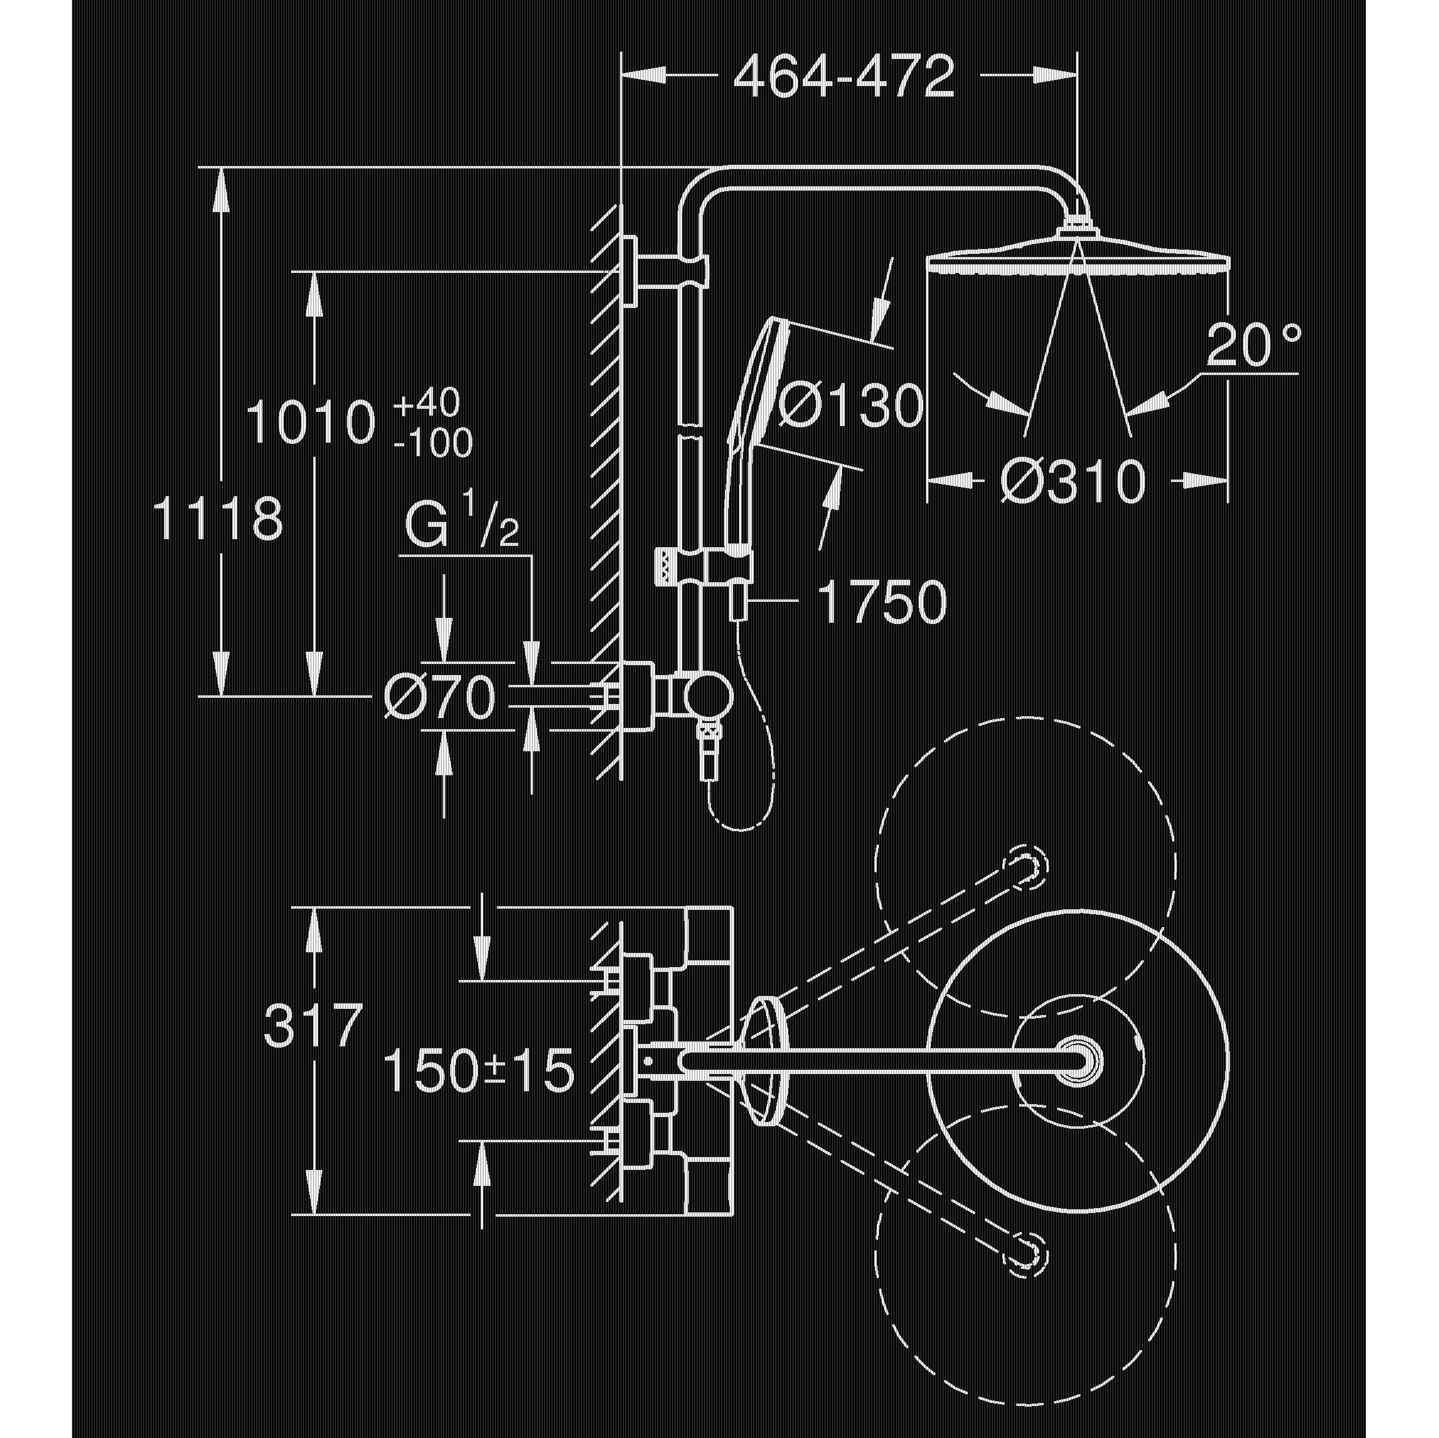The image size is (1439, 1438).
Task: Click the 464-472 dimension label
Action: pos(843,77)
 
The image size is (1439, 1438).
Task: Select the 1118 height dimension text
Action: pos(218,519)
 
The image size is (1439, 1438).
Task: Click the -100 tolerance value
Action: pos(434,444)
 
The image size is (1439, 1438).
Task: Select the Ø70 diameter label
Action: pos(440,698)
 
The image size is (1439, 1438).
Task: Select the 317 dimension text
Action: pos(313,1024)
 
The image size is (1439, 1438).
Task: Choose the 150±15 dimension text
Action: pos(478,1072)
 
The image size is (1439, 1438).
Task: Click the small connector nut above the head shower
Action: pos(1075,226)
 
